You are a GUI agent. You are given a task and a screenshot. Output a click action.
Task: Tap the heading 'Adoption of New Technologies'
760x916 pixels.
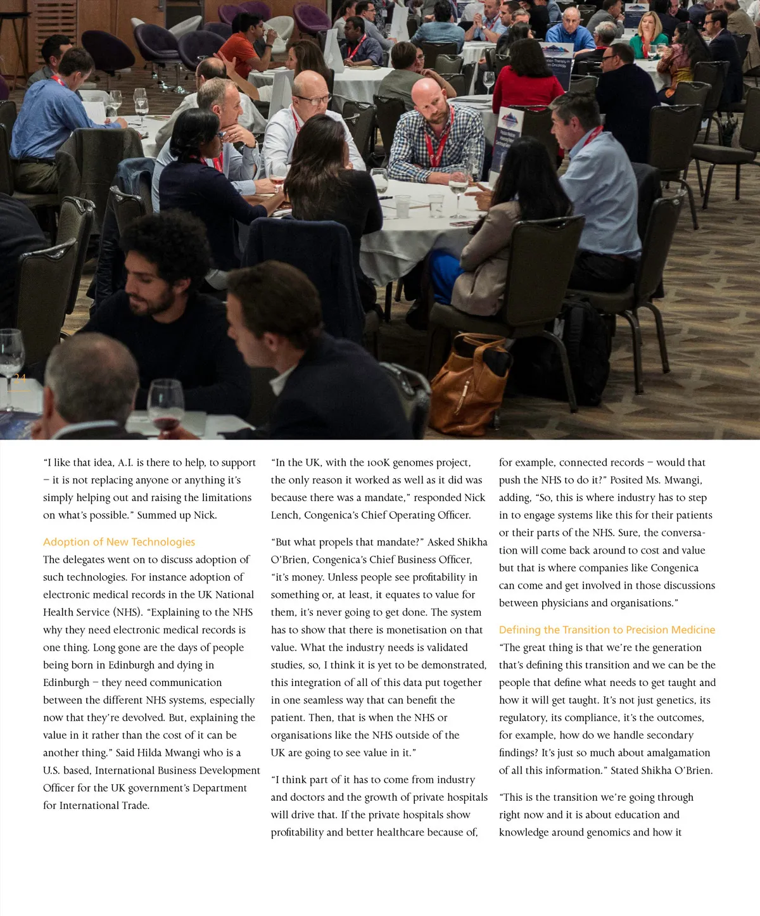point(119,542)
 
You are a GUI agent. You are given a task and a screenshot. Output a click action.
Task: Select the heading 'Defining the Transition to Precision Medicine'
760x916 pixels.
point(607,630)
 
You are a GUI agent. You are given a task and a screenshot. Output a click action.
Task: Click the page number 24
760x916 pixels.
point(20,378)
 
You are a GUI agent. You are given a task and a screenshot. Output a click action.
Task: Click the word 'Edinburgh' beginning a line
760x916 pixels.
point(66,683)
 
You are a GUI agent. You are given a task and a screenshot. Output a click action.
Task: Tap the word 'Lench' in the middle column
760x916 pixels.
point(286,516)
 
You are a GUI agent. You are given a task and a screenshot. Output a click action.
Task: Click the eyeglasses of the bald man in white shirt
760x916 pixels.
point(312,99)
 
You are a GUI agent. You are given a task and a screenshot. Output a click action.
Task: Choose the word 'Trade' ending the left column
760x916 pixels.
point(133,806)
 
